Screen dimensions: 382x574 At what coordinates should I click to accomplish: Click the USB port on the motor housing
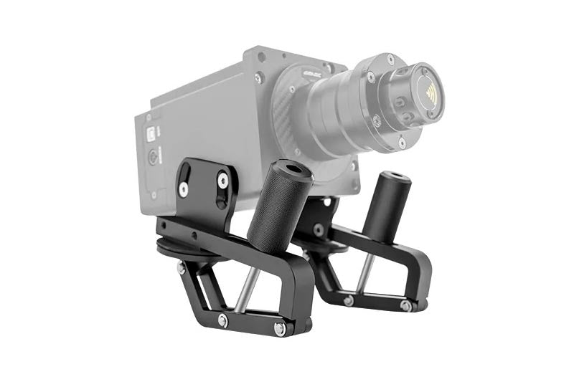152,133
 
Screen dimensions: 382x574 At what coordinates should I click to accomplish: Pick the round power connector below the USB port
153,158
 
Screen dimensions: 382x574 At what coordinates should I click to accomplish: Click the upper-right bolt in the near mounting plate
222,181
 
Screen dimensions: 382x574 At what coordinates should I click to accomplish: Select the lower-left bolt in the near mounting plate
184,189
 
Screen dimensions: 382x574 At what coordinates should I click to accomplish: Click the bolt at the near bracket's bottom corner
280,328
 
